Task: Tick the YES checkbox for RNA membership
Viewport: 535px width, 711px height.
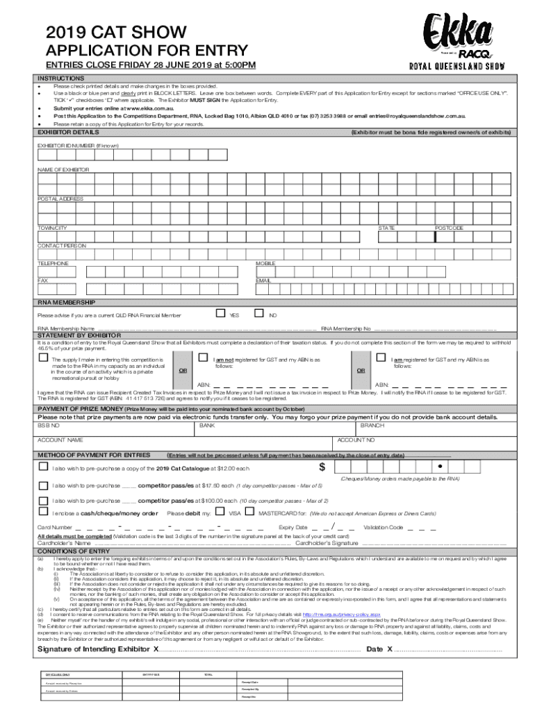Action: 220,314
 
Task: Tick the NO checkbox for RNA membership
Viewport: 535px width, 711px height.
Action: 259,314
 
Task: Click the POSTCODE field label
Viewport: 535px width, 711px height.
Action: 449,228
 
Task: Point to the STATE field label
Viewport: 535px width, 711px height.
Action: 386,228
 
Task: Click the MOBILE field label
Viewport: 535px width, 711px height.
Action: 265,264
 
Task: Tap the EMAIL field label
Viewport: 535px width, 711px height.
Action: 263,281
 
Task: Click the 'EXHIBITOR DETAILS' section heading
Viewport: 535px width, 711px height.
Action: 68,131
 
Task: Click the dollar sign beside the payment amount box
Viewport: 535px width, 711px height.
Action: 322,466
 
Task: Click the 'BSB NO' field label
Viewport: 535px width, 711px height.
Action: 49,425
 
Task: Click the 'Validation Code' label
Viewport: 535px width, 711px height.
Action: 383,528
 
